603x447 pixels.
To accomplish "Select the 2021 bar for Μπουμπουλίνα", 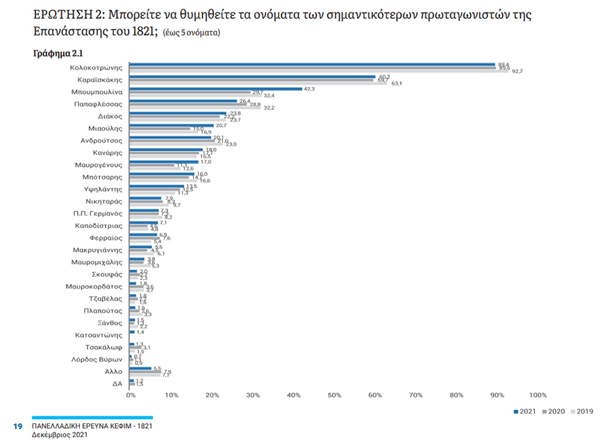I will click(x=216, y=88).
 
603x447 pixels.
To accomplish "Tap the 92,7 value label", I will click(x=517, y=72).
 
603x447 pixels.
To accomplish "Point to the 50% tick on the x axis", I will click(x=333, y=395).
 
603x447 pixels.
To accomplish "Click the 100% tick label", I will click(x=538, y=395).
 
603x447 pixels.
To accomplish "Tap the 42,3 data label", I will click(x=309, y=88).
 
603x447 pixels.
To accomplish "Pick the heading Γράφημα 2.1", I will click(x=58, y=53).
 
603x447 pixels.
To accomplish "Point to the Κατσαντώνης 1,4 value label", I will click(x=141, y=333).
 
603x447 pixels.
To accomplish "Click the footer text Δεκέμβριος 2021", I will click(x=60, y=434).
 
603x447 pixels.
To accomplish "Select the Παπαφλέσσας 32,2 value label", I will click(x=268, y=108).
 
